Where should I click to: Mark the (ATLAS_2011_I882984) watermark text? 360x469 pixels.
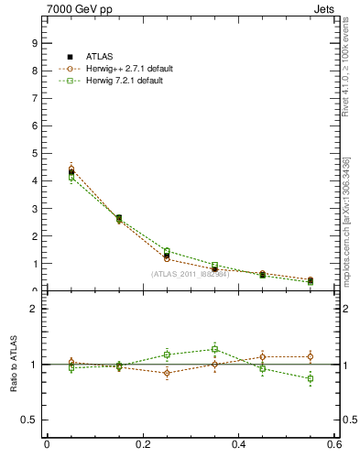coord(190,274)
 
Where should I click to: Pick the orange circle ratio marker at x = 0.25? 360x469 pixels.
coord(167,373)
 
